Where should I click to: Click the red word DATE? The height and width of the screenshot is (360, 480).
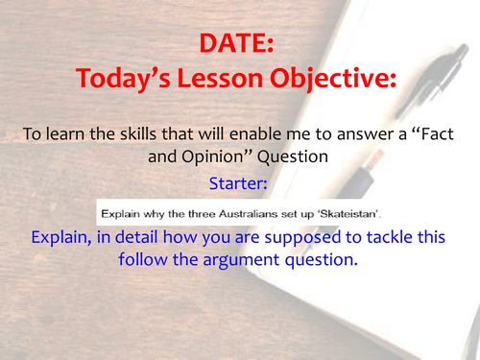point(240,44)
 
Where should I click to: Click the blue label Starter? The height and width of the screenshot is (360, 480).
point(239,181)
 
